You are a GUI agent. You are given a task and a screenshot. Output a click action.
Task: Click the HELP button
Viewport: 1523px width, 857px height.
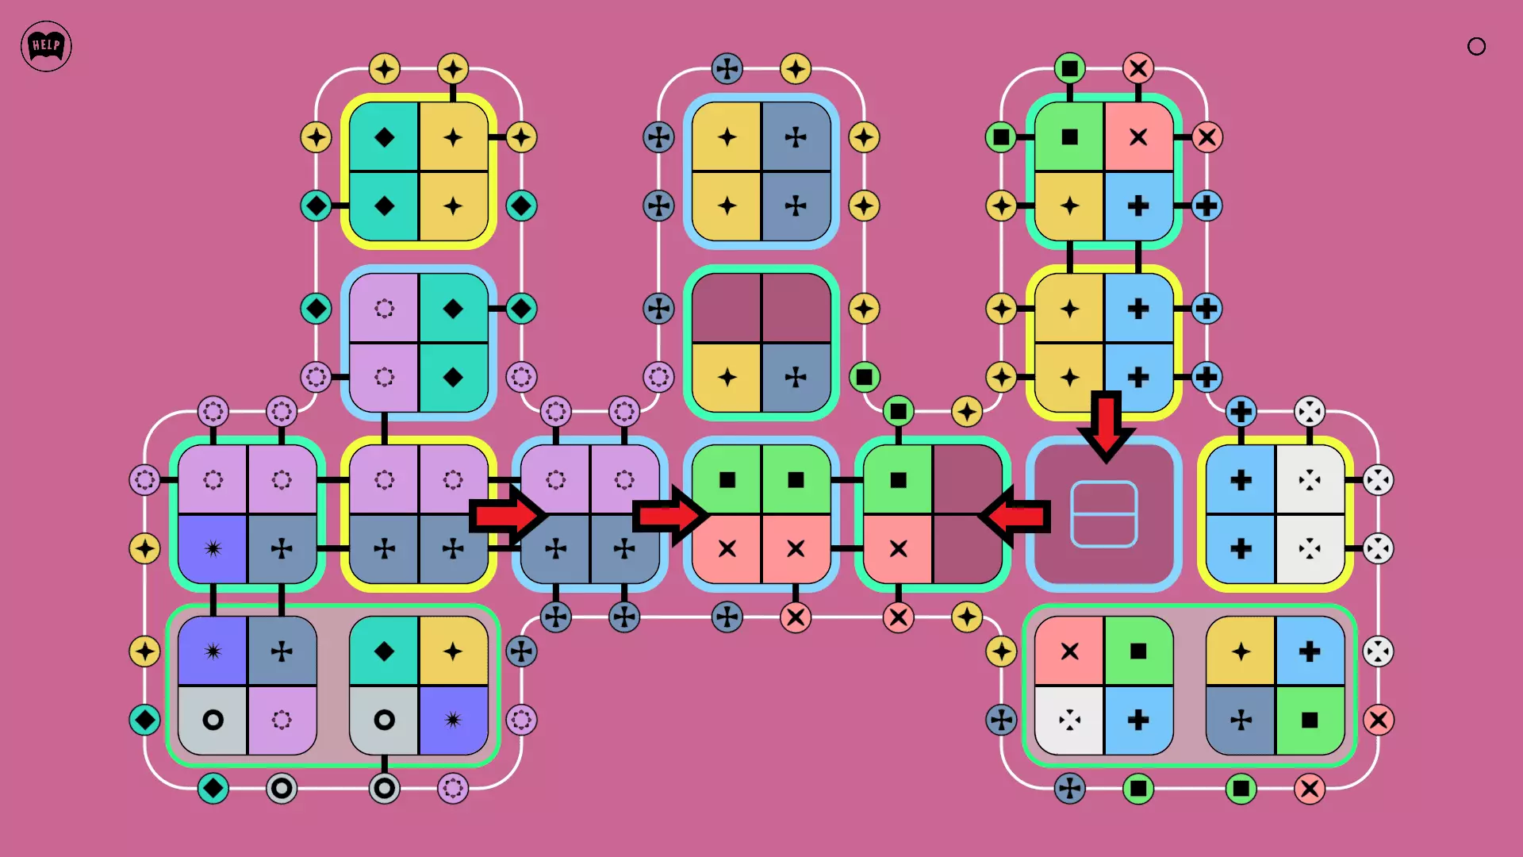[46, 46]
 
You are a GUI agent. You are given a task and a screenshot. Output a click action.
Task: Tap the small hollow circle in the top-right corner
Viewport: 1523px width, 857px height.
[1476, 47]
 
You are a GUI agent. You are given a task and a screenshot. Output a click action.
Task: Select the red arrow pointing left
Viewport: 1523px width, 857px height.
[1015, 517]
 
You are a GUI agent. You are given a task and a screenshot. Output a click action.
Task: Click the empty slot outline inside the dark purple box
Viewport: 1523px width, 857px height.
[1104, 514]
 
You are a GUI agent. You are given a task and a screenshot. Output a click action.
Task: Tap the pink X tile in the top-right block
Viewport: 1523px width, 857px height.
[1138, 137]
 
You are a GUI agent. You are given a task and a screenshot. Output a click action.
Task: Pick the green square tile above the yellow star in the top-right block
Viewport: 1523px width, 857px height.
[1069, 137]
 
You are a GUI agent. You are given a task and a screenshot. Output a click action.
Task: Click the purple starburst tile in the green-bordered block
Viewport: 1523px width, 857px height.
[213, 548]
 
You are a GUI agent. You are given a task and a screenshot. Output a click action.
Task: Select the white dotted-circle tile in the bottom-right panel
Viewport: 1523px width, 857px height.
[1069, 720]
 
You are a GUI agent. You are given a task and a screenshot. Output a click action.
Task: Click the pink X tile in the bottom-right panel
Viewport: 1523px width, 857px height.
[1069, 651]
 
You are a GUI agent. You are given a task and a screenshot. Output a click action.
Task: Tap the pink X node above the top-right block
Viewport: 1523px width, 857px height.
[1138, 68]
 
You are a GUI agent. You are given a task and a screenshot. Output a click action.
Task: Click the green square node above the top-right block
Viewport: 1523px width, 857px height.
[1069, 68]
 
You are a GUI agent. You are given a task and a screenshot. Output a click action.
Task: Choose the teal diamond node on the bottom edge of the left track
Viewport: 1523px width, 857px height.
[213, 788]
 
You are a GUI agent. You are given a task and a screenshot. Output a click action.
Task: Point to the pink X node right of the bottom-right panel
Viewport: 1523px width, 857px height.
[1378, 720]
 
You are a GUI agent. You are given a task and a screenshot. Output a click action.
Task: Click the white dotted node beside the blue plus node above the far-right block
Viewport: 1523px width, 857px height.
[1310, 412]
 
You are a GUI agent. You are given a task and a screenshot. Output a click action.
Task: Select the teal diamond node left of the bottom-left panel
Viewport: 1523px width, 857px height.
[144, 720]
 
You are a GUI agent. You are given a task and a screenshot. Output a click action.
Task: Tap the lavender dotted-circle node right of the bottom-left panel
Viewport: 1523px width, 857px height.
[521, 720]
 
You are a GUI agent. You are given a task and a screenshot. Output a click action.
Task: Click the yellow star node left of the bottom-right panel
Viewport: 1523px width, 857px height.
[1001, 651]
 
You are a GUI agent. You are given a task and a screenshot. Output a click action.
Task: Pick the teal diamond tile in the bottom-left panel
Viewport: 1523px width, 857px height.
[384, 651]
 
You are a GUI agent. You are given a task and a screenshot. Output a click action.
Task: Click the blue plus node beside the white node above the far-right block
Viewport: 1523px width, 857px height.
[1241, 412]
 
